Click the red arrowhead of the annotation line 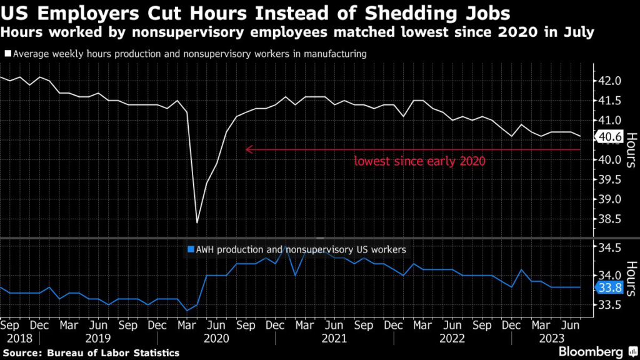pos(248,149)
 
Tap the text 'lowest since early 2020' pos(419,161)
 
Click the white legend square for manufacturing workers pos(7,54)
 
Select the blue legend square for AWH pos(191,249)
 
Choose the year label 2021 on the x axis pos(334,338)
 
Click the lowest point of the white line pos(197,222)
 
